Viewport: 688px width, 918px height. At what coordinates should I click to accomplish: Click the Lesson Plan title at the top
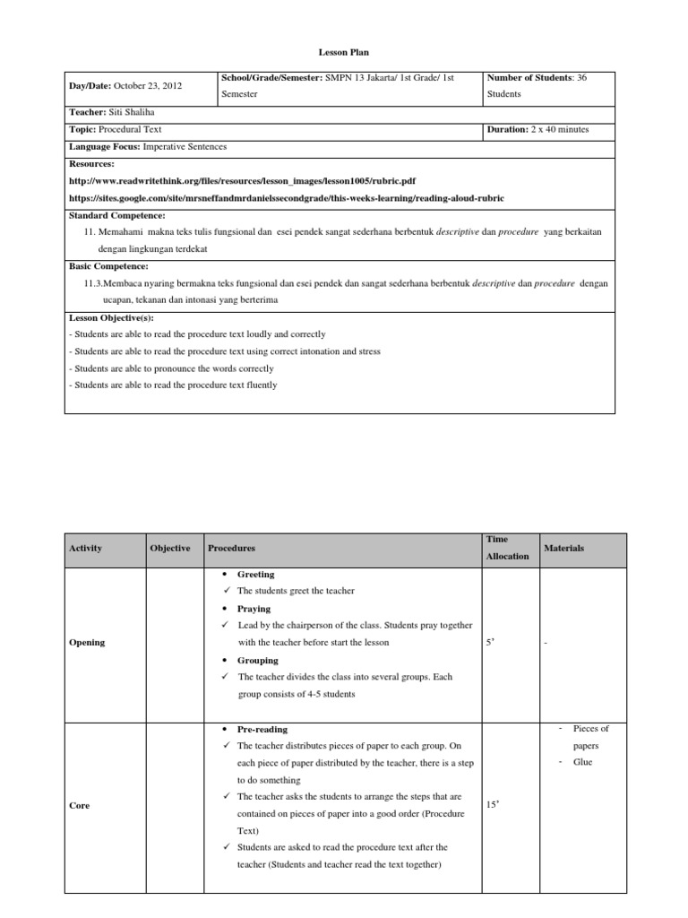(x=343, y=53)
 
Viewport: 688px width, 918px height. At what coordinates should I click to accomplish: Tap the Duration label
(x=507, y=129)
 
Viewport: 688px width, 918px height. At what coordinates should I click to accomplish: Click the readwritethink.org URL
(x=241, y=180)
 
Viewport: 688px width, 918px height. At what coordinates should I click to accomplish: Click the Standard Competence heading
(x=116, y=215)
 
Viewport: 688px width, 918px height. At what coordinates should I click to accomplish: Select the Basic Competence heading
(x=108, y=266)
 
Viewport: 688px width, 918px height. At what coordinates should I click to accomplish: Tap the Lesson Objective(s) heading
(x=111, y=317)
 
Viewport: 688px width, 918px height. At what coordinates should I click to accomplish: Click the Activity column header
(x=85, y=548)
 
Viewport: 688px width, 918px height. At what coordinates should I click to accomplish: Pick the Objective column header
(x=170, y=548)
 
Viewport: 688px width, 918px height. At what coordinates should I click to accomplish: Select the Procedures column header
(x=231, y=548)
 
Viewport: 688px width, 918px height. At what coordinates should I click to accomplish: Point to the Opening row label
(x=87, y=642)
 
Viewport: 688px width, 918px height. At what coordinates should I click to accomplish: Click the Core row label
(x=79, y=806)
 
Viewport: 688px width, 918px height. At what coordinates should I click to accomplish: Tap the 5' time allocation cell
(x=490, y=643)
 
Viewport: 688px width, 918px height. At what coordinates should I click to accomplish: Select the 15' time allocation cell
(x=492, y=806)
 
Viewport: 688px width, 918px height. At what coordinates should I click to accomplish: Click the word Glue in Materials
(x=582, y=762)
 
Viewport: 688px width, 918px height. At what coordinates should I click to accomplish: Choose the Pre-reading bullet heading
(x=262, y=730)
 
